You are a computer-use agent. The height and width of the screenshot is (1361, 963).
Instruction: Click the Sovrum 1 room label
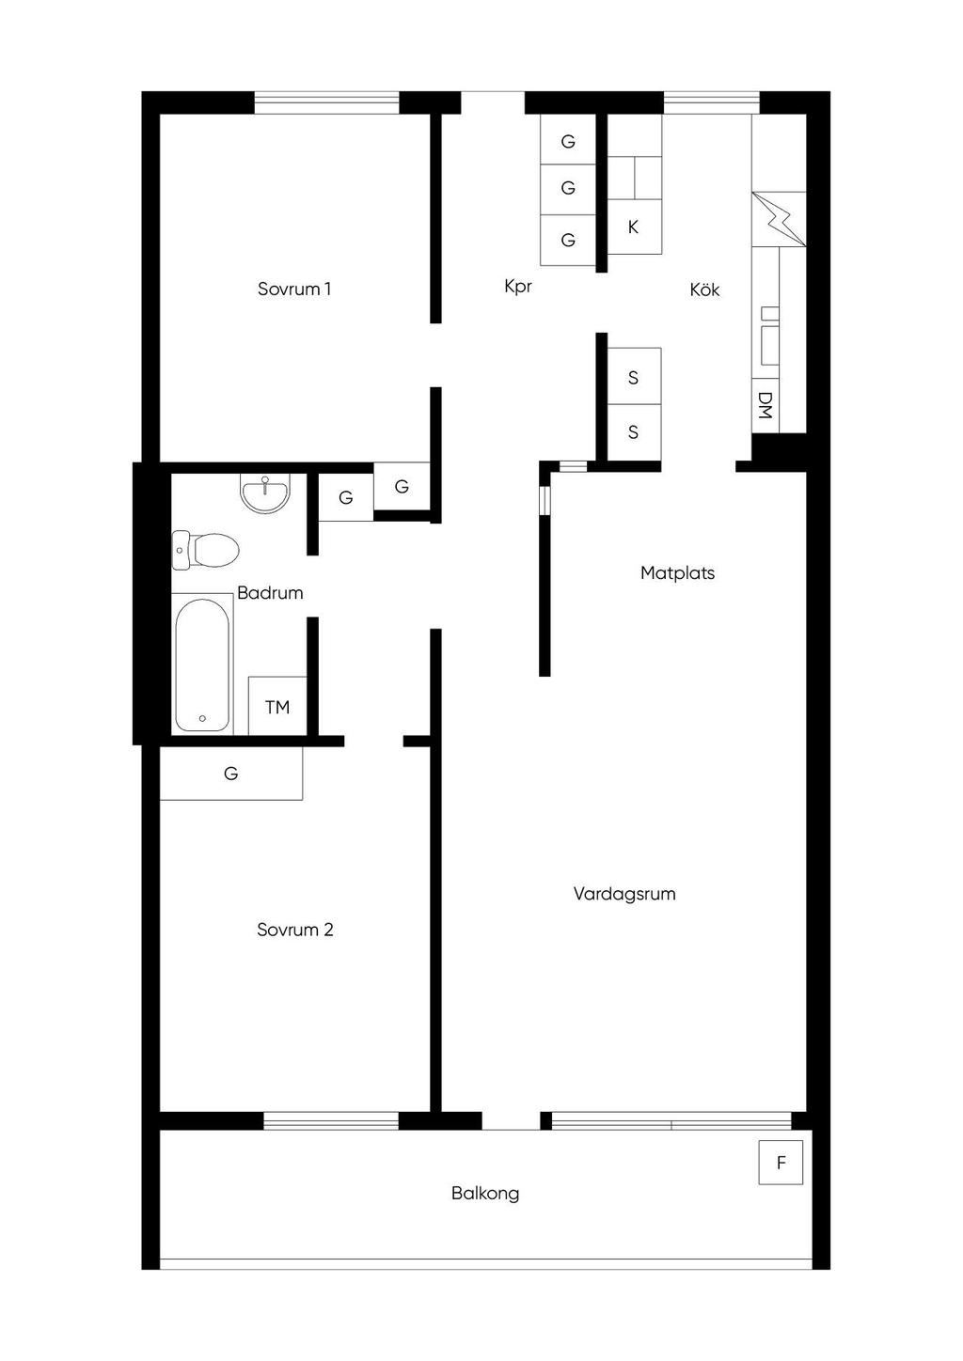point(294,289)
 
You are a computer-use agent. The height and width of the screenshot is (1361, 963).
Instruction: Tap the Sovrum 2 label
point(295,930)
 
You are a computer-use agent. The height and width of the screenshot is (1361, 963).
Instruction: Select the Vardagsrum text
point(624,894)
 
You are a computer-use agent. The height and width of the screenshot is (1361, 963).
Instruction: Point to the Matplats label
point(677,572)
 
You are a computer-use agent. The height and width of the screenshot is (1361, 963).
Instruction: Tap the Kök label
point(704,289)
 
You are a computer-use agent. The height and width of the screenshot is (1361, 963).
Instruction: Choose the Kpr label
point(518,286)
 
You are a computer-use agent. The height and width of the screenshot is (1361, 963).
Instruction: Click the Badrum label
point(270,592)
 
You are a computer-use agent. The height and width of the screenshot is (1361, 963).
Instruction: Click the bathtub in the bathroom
point(202,665)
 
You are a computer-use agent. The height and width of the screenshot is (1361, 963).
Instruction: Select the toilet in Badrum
point(205,550)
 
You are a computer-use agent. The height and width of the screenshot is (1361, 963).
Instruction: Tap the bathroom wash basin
point(265,493)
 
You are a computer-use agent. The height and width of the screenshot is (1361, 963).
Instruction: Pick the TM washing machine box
point(277,706)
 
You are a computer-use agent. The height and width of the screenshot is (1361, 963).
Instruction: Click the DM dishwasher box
point(765,405)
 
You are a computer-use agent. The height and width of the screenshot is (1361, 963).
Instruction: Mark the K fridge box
point(634,227)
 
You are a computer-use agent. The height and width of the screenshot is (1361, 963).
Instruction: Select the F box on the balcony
point(781,1163)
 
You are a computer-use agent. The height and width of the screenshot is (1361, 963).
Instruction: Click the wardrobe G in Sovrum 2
point(231,773)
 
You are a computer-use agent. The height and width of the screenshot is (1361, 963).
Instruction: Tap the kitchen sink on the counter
point(769,336)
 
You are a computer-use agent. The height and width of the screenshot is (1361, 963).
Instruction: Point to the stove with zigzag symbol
point(779,219)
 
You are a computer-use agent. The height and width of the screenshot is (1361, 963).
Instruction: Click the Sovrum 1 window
point(326,102)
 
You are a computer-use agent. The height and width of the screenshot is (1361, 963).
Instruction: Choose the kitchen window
point(711,102)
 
